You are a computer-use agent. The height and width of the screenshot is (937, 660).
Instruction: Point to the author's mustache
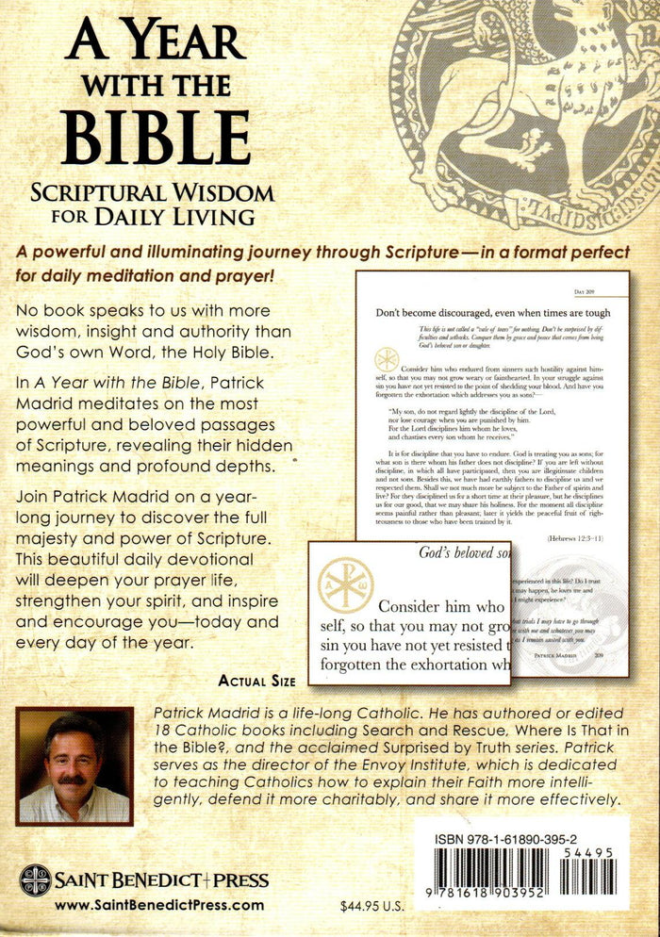pyautogui.click(x=73, y=780)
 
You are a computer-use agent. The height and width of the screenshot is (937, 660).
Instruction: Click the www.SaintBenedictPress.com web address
pyautogui.click(x=159, y=905)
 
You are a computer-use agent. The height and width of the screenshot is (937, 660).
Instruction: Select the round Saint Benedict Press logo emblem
pyautogui.click(x=34, y=880)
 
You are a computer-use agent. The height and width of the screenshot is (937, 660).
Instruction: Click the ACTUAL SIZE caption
pyautogui.click(x=256, y=681)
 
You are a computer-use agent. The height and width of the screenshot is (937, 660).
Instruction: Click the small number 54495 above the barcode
pyautogui.click(x=598, y=852)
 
